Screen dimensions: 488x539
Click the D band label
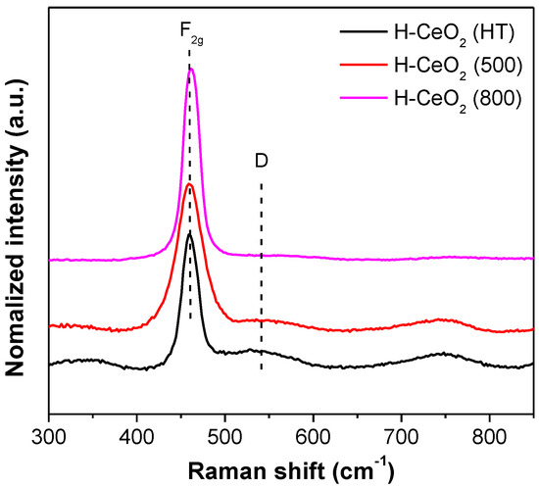coord(262,161)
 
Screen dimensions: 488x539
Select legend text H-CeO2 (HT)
coord(451,34)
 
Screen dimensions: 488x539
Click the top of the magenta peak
coord(192,69)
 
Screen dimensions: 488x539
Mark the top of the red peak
coord(190,184)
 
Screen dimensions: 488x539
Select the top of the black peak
coord(189,233)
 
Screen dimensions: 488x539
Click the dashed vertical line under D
coord(262,294)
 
